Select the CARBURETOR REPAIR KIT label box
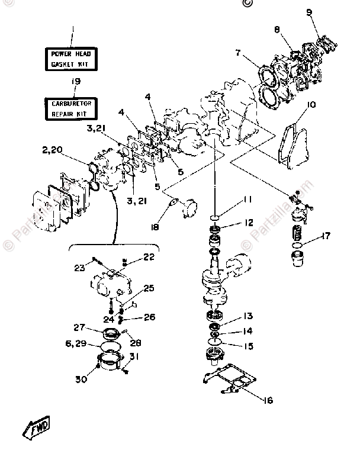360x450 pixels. (x=73, y=107)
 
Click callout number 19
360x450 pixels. (x=76, y=82)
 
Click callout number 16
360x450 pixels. (x=268, y=400)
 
